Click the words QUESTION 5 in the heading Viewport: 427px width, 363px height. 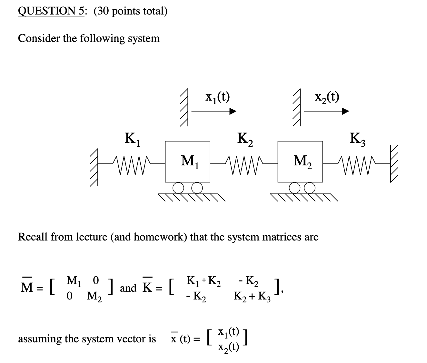[x=52, y=11]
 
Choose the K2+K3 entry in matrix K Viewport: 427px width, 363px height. [x=253, y=296]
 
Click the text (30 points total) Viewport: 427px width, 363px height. [x=131, y=11]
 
